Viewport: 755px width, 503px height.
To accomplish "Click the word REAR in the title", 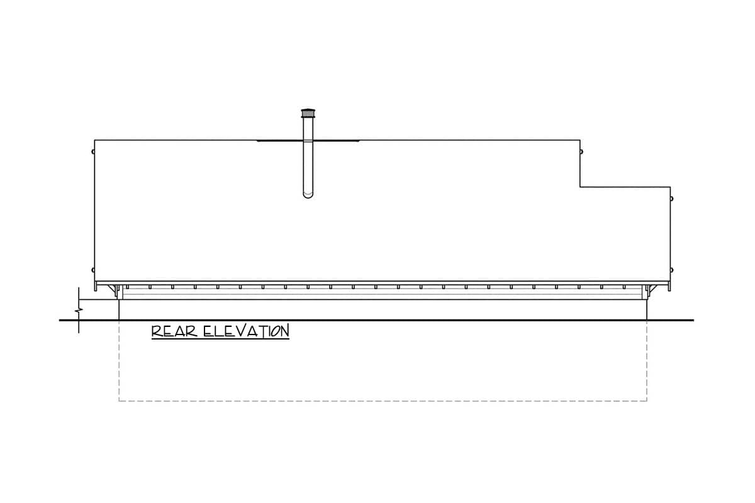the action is (174, 331).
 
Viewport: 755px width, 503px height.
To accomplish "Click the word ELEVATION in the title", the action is (247, 331).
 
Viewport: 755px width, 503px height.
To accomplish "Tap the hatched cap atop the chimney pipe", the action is (308, 113).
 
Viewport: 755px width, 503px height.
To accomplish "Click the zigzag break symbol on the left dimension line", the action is (79, 310).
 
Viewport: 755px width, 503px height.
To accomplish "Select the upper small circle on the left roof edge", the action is (93, 152).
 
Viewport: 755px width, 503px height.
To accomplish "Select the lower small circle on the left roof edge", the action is (93, 270).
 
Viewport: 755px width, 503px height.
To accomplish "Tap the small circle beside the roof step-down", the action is (581, 152).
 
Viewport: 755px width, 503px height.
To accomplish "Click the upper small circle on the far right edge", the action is (671, 199).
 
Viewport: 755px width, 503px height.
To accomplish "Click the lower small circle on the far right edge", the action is (671, 270).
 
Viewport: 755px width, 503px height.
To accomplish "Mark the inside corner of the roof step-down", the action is (580, 187).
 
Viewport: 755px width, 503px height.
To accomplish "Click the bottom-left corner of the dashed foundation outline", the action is (119, 401).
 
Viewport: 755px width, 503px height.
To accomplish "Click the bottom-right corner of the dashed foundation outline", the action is (647, 401).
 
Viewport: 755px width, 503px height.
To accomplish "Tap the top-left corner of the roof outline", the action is (95, 140).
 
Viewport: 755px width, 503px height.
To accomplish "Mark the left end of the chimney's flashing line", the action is (257, 141).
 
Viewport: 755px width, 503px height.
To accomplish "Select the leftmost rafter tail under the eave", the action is (127, 287).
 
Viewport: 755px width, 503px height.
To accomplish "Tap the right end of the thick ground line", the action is (693, 320).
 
